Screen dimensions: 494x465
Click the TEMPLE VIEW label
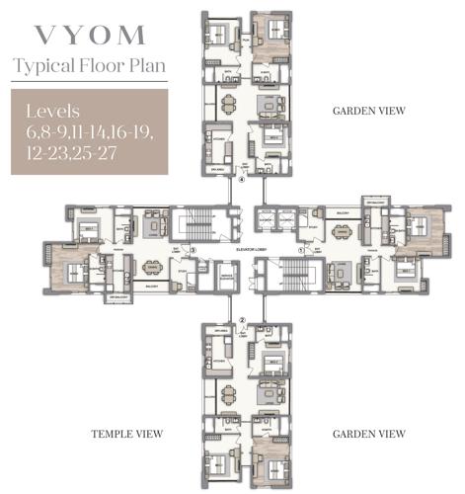[x=126, y=434]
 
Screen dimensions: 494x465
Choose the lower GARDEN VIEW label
[x=369, y=434]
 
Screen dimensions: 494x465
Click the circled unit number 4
[x=242, y=181]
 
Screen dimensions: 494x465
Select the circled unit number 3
[x=195, y=251]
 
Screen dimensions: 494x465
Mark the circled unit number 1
[x=302, y=251]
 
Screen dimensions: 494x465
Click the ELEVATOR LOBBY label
[x=248, y=251]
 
